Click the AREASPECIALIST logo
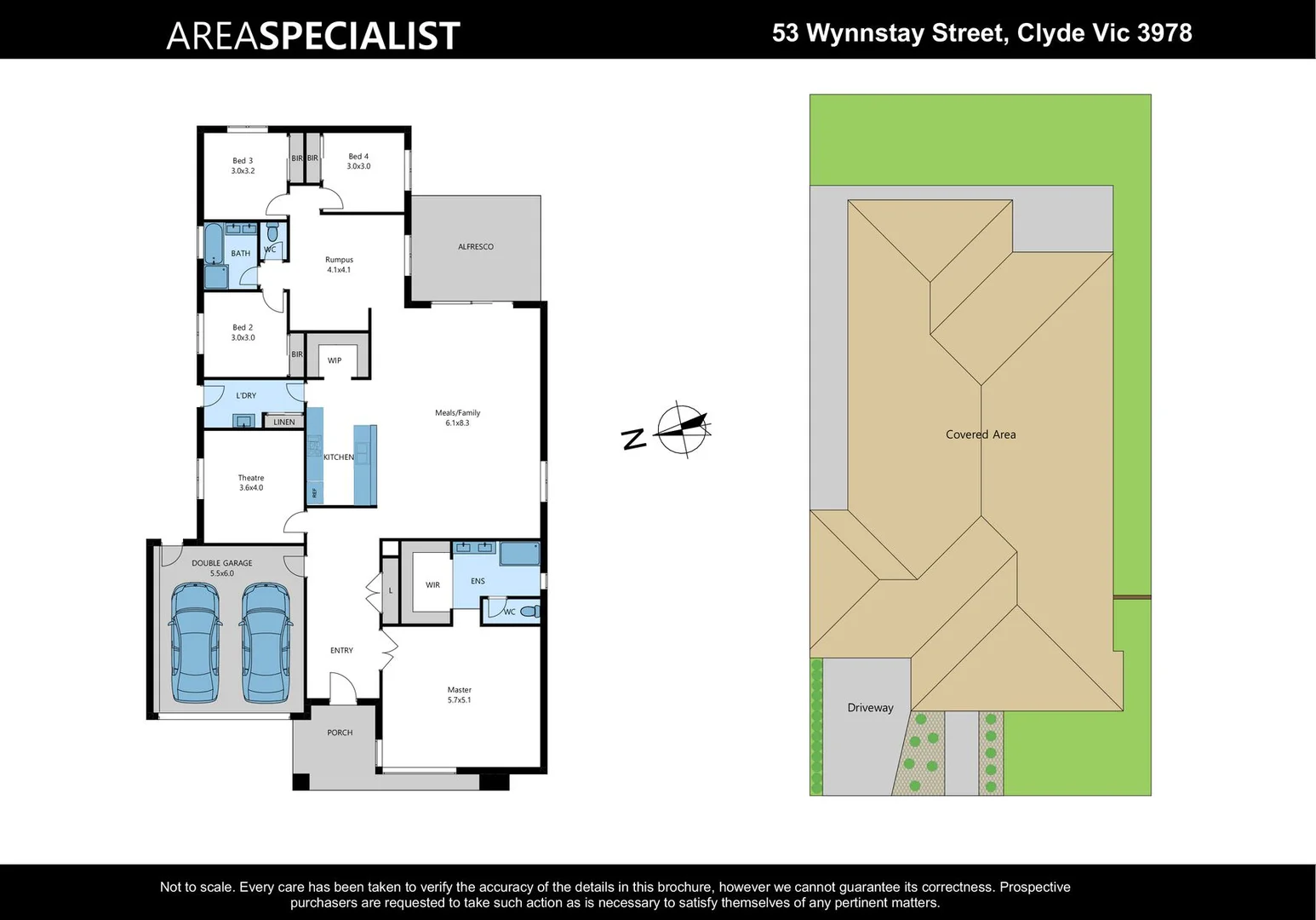tap(312, 36)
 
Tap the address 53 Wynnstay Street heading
tap(981, 33)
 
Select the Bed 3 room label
tap(243, 165)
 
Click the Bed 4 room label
tap(358, 161)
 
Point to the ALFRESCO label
tap(475, 247)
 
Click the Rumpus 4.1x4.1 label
tap(339, 264)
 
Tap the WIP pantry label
tap(335, 360)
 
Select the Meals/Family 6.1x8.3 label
tap(457, 417)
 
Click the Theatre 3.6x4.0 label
tap(250, 482)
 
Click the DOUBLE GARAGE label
tap(221, 567)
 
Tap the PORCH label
tap(340, 733)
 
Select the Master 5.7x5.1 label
tap(459, 694)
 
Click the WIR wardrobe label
tap(432, 585)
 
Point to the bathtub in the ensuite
tap(519, 554)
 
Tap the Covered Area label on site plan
tap(981, 434)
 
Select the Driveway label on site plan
tap(870, 708)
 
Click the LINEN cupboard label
tap(284, 422)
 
